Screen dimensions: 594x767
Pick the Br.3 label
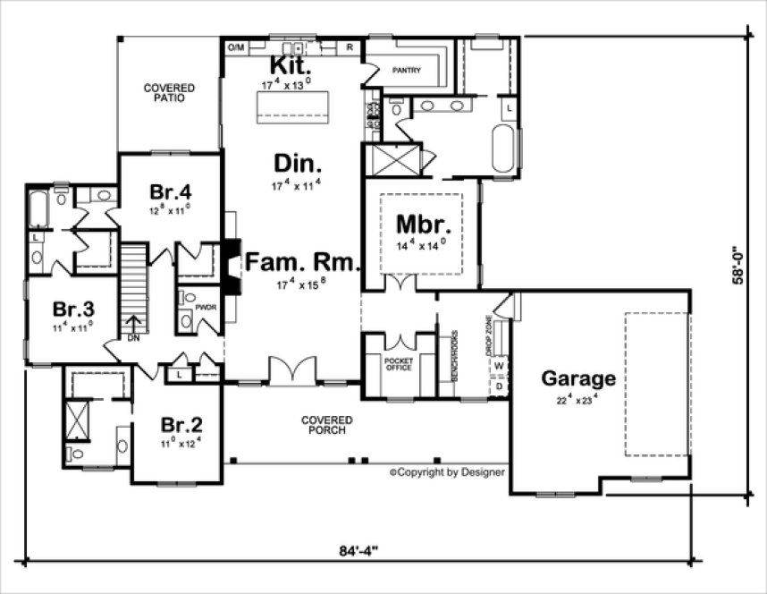click(x=72, y=309)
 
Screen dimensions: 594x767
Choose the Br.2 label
click(x=181, y=424)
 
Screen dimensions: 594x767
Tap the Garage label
click(x=578, y=378)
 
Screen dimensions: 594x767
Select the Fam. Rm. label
click(x=301, y=263)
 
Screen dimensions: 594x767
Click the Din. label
click(x=298, y=165)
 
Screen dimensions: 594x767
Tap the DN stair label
click(x=132, y=339)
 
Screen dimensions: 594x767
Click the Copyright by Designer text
click(x=447, y=471)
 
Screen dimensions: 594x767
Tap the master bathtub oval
click(x=503, y=148)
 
